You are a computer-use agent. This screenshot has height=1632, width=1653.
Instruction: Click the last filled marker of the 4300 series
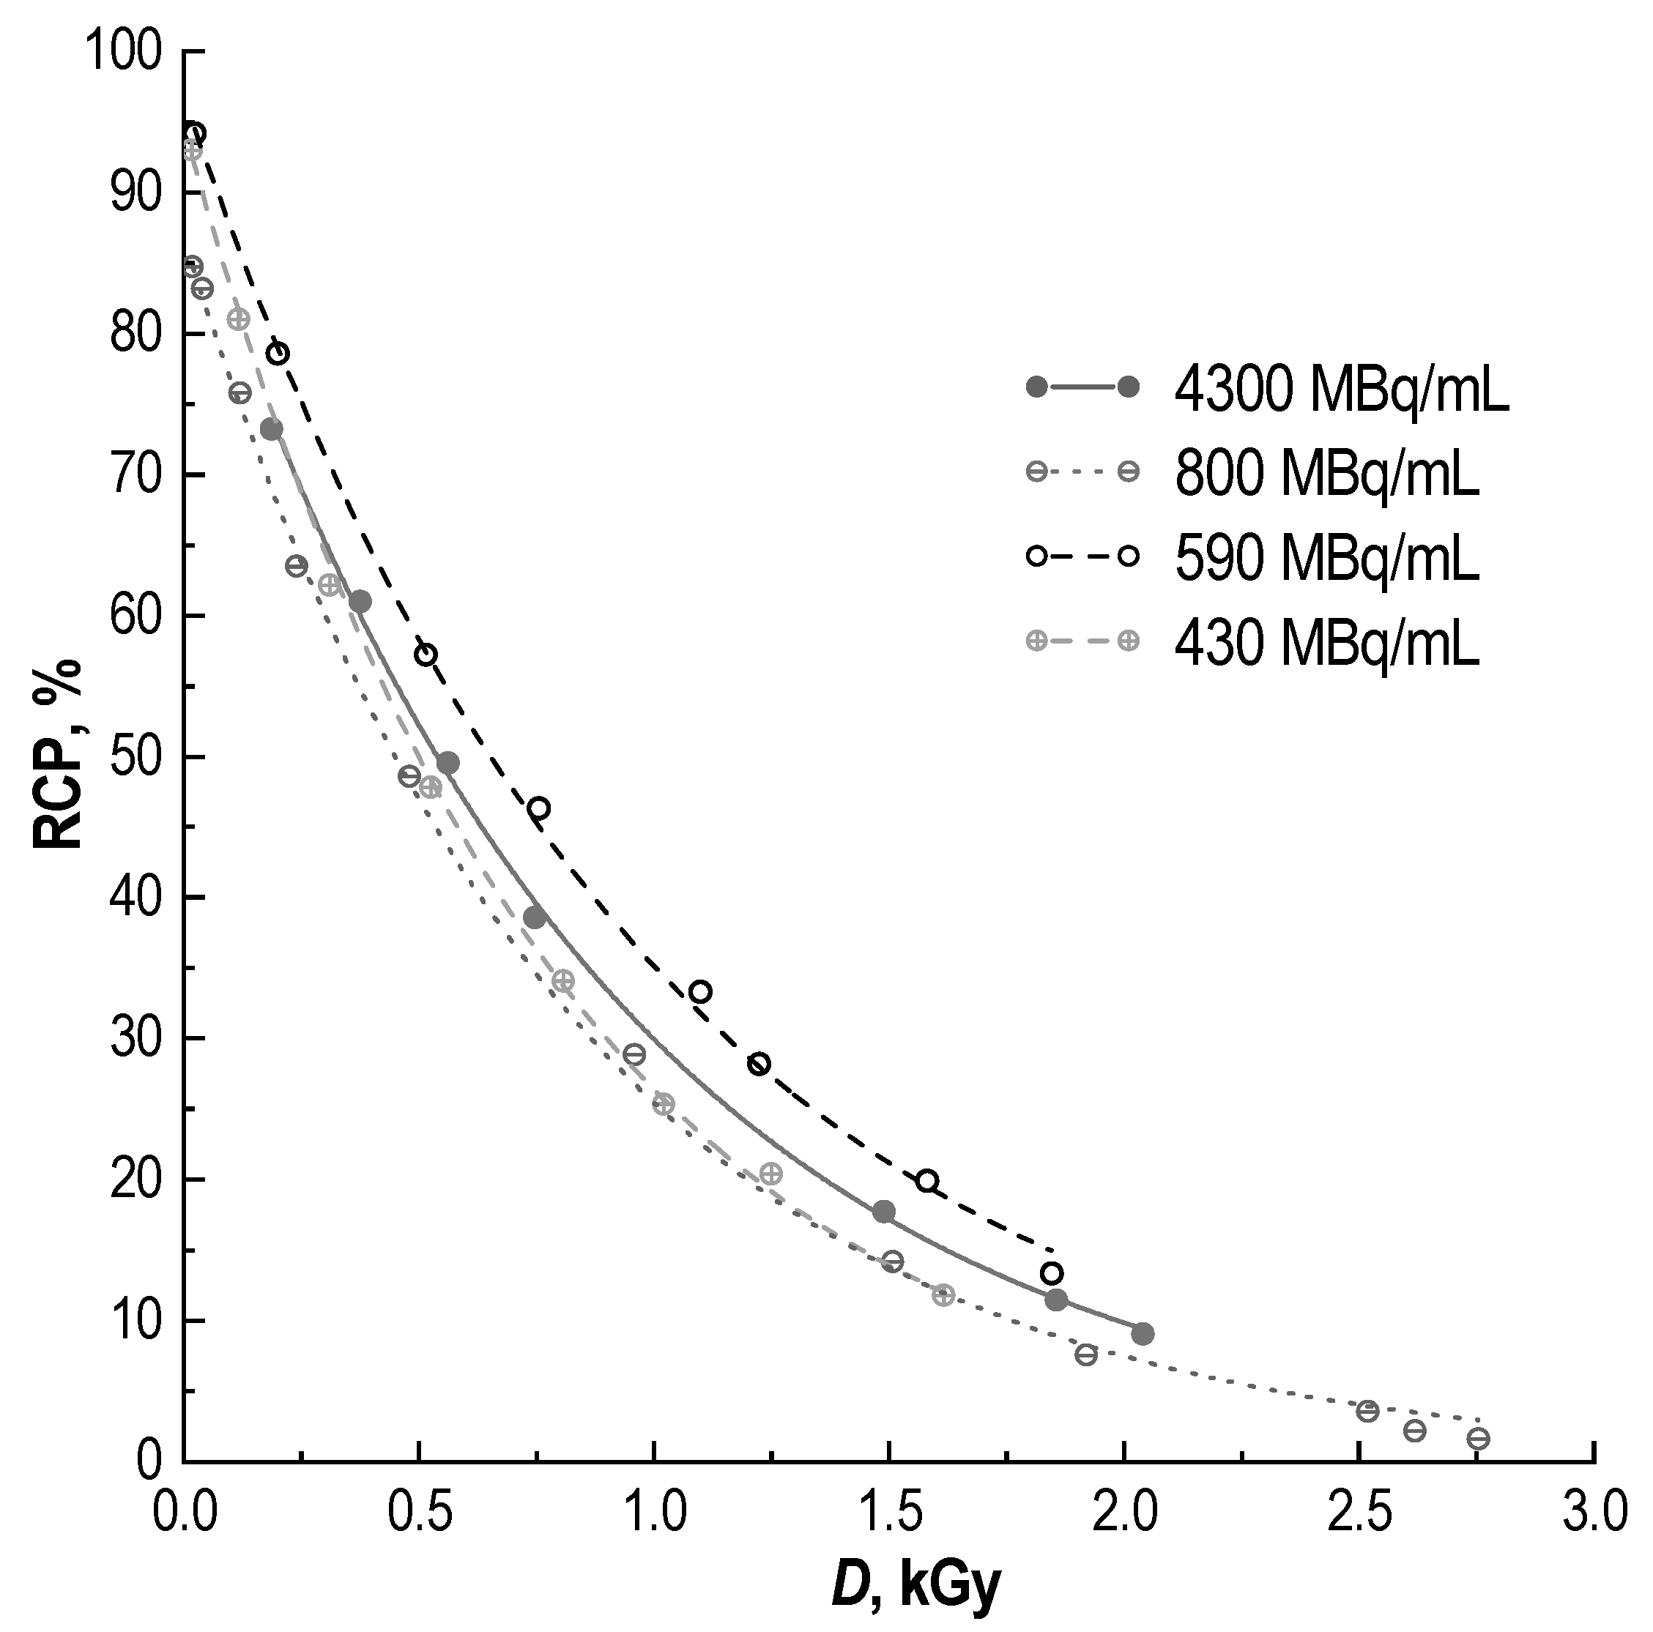click(x=1143, y=1333)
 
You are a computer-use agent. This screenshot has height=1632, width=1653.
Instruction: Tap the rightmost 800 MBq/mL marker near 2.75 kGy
click(x=1478, y=1439)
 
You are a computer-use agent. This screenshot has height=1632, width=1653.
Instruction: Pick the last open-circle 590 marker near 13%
click(x=1052, y=1273)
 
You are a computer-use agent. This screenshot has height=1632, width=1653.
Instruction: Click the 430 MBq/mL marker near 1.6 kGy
click(x=943, y=1295)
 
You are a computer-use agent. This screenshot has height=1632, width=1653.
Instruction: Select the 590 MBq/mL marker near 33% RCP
click(x=700, y=992)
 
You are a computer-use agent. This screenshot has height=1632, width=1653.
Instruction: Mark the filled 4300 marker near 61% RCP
click(x=360, y=601)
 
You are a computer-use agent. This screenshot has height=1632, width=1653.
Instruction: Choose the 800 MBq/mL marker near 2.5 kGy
click(x=1367, y=1410)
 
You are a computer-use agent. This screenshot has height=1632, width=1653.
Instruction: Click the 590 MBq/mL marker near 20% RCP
click(x=926, y=1180)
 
